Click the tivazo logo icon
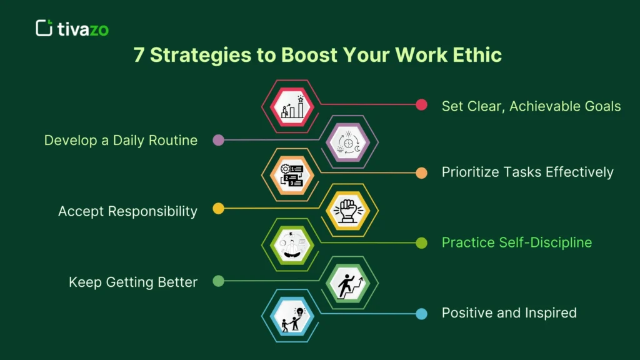pos(44,28)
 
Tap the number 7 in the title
pos(139,55)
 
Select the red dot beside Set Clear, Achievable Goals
pos(422,105)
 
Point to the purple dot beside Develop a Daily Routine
pos(218,140)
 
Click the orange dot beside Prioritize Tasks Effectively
pos(422,173)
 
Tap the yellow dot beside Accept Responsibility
pos(218,209)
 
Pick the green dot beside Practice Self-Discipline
pos(422,243)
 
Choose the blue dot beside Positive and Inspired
pos(422,314)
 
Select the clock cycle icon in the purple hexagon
pos(349,142)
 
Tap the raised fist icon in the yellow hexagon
pos(349,211)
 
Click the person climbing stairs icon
pos(349,282)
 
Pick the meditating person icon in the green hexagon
pos(292,245)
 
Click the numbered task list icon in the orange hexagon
pos(292,176)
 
